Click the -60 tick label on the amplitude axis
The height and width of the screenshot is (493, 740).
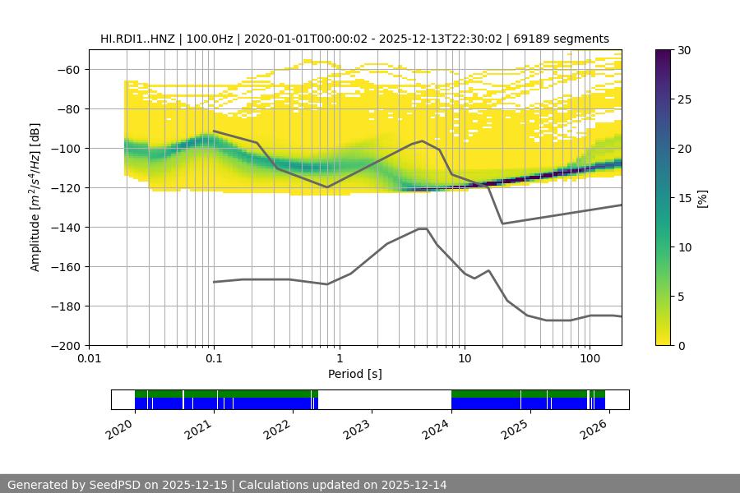(x=67, y=69)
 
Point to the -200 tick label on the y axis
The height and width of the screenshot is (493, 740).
(x=64, y=345)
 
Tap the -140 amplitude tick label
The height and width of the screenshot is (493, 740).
(x=64, y=227)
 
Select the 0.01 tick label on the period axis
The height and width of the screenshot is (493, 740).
(x=89, y=359)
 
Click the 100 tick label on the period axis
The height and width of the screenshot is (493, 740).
(x=589, y=359)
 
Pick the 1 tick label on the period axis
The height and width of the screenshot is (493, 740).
(x=339, y=359)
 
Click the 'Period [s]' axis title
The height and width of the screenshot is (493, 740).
(x=355, y=374)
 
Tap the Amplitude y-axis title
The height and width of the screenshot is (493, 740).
(x=35, y=197)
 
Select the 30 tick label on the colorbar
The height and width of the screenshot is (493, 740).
(x=684, y=50)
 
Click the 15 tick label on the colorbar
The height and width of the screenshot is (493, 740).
(x=684, y=198)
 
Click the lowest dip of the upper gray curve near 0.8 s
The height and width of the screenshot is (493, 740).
(x=327, y=187)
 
